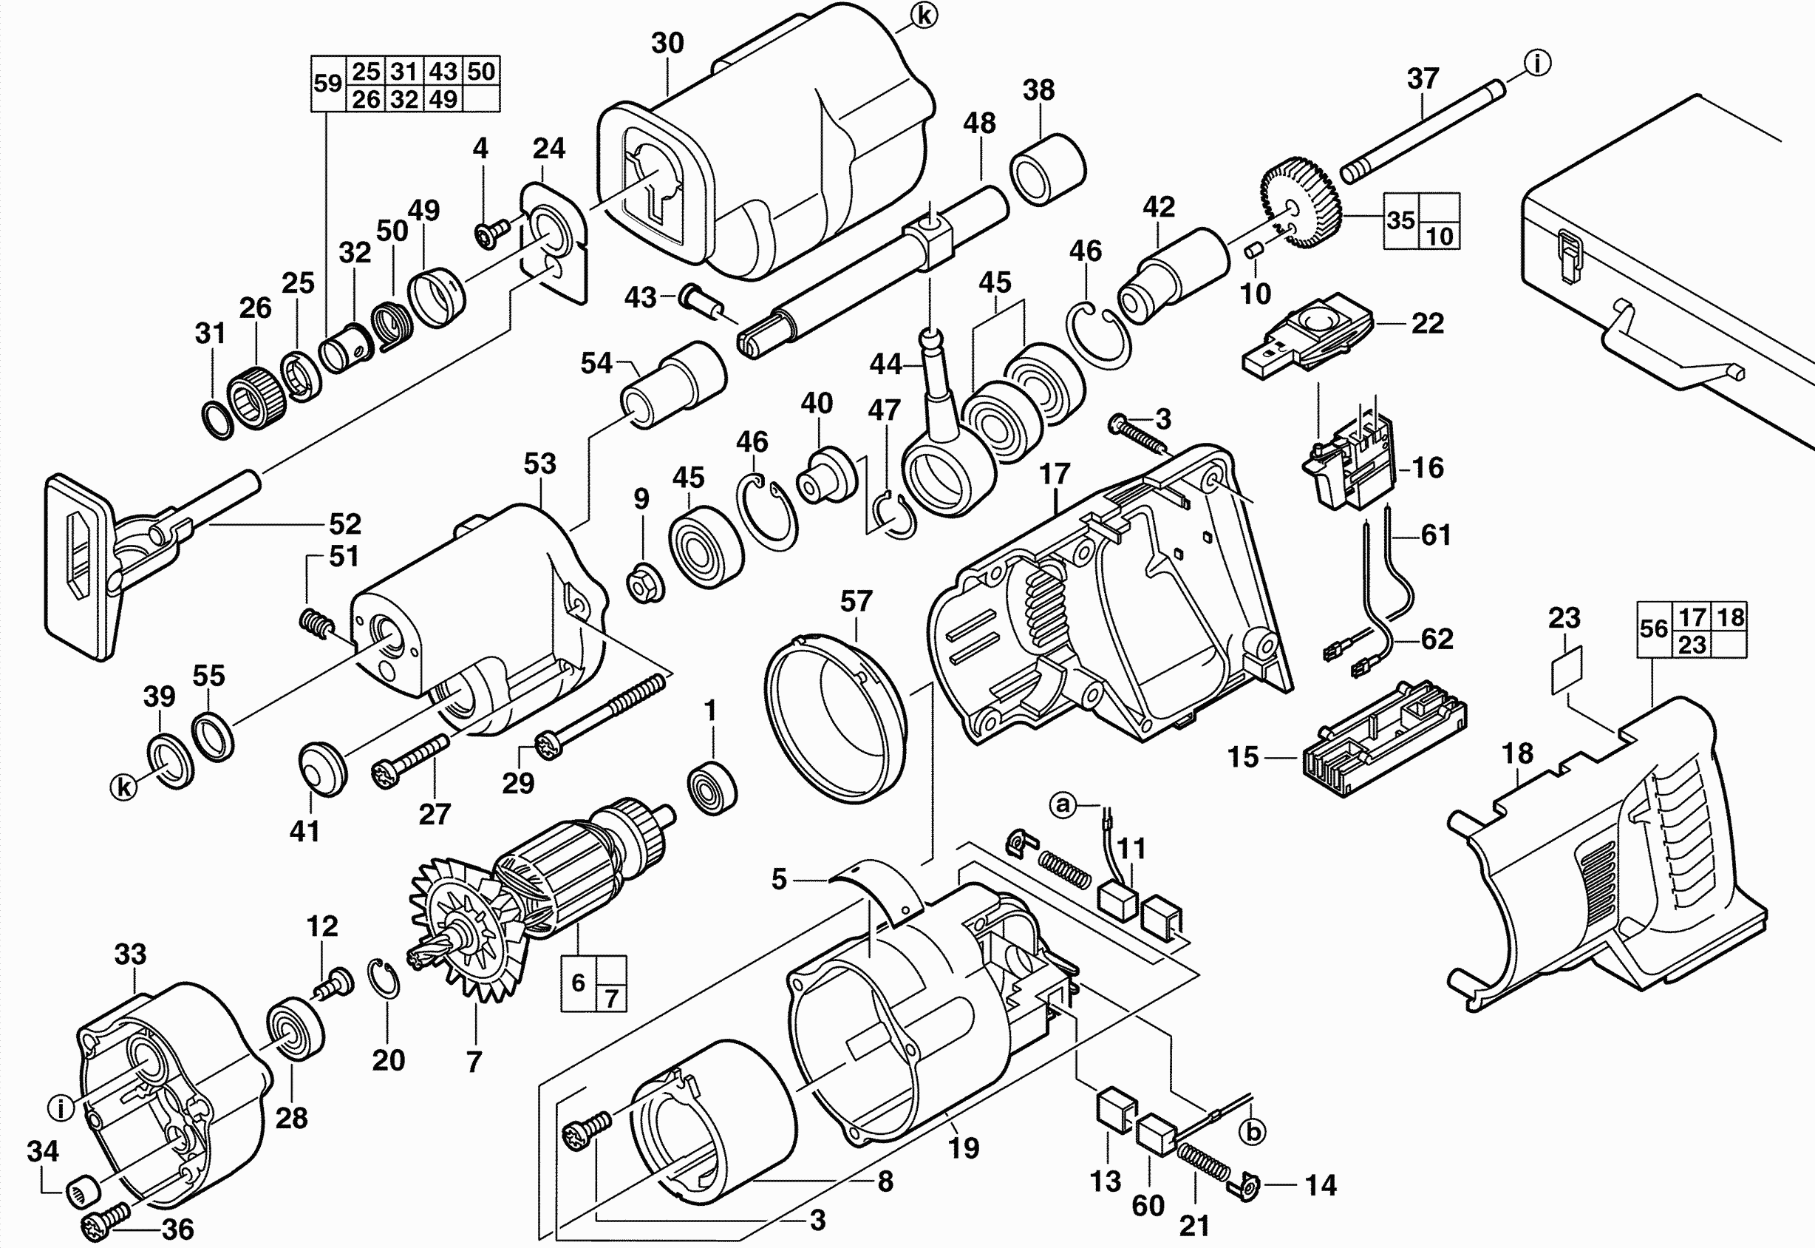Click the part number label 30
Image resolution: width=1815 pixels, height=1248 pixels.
pyautogui.click(x=667, y=44)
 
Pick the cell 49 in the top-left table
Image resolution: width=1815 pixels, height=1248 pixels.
pyautogui.click(x=443, y=99)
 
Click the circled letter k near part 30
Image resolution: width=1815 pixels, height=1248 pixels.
pyautogui.click(x=923, y=16)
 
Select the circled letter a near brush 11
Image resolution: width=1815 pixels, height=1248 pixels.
pyautogui.click(x=1062, y=804)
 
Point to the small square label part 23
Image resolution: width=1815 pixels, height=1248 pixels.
pyautogui.click(x=1566, y=669)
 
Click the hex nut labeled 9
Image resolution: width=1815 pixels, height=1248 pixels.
pyautogui.click(x=646, y=583)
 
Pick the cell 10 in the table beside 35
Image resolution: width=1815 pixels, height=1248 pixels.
pyautogui.click(x=1439, y=235)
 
